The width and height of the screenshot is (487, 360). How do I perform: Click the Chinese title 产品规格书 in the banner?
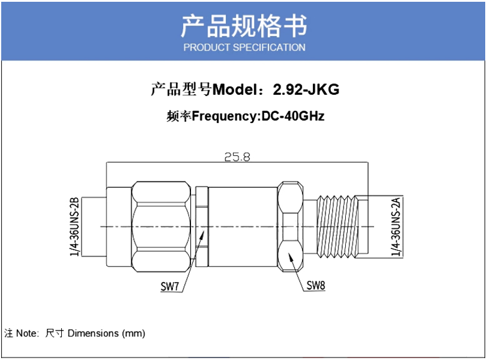tap(244, 26)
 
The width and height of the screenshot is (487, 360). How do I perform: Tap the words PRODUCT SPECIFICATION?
tap(244, 47)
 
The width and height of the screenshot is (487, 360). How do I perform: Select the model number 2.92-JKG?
tap(306, 90)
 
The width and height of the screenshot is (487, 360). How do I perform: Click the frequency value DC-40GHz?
tap(293, 116)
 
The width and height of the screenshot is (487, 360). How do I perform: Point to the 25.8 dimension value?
tap(237, 157)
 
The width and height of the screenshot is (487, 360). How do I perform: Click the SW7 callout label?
tap(170, 286)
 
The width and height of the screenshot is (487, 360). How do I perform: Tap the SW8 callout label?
tap(315, 285)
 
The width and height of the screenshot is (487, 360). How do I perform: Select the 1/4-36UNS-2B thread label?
tap(74, 226)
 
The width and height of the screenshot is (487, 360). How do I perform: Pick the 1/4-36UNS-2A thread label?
tap(396, 227)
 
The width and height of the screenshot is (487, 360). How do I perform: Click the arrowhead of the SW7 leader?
tap(203, 235)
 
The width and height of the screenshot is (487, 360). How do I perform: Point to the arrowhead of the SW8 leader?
tap(290, 257)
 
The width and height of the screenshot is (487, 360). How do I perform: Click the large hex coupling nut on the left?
tap(161, 226)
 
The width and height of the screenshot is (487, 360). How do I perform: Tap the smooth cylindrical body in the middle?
tap(243, 226)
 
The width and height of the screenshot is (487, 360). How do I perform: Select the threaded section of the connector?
tap(337, 226)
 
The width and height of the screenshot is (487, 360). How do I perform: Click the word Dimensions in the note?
tap(93, 333)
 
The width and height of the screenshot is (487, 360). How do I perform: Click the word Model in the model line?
tap(235, 90)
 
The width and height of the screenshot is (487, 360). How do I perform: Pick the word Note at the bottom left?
tap(26, 333)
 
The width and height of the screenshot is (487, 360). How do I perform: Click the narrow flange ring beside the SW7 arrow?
tap(202, 226)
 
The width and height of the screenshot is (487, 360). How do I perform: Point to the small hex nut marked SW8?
tap(290, 226)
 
